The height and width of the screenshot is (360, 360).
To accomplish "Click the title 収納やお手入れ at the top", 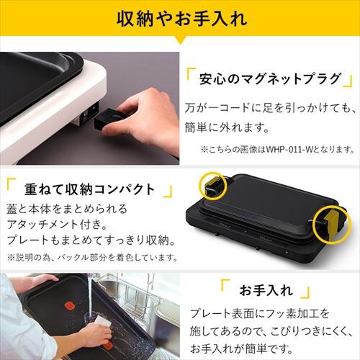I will (x=181, y=18).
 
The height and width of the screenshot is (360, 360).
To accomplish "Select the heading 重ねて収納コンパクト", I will (x=89, y=189).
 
